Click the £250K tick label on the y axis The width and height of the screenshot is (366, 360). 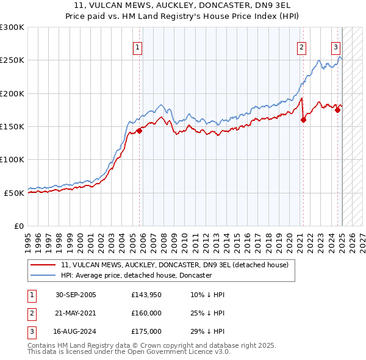12,60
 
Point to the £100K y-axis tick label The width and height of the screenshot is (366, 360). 12,159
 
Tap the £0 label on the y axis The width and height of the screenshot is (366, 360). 18,226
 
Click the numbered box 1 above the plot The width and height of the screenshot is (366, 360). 137,47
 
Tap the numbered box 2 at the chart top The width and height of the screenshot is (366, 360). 301,47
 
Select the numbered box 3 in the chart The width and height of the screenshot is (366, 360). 335,47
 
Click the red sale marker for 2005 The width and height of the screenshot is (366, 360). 139,130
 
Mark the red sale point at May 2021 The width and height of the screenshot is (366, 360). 303,120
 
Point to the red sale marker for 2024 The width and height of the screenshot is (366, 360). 337,110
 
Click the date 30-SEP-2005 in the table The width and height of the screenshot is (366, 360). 76,295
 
